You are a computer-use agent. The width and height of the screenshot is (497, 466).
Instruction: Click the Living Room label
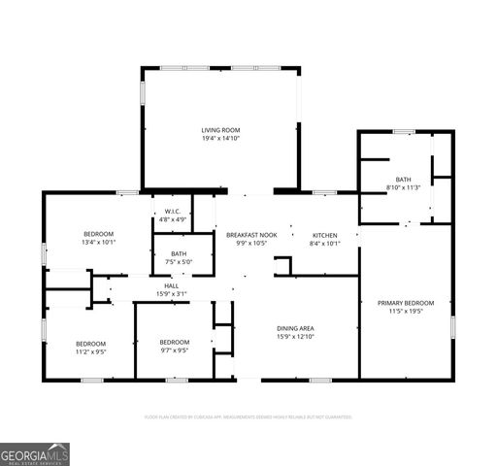pos(220,130)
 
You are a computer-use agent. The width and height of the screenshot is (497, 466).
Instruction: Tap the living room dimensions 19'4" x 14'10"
pos(220,139)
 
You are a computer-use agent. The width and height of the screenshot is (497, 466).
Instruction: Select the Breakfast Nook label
pos(251,235)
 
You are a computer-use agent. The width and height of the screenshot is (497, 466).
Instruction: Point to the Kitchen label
pos(324,235)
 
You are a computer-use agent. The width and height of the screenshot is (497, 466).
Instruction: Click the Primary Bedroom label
pos(405,303)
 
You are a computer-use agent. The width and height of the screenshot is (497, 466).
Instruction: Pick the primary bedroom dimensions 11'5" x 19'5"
pos(405,312)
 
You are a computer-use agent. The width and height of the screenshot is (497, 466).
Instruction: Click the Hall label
pos(171,286)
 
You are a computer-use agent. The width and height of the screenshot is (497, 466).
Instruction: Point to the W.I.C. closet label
pos(172,212)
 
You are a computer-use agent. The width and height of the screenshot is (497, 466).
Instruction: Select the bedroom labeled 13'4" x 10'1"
pos(98,238)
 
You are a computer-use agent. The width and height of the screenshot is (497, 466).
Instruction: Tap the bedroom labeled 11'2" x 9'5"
pos(90,347)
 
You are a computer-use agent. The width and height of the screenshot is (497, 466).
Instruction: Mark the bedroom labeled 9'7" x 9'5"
pos(174,346)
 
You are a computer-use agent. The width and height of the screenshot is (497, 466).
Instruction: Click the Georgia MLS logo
pos(35,454)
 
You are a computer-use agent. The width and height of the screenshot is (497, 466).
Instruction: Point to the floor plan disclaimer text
pos(248,416)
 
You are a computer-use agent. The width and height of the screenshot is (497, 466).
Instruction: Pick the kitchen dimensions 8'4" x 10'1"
pos(324,244)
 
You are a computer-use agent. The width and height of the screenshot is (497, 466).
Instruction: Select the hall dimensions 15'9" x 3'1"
pos(171,294)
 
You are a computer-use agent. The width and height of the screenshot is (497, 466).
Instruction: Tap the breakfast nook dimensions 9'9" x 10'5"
pos(251,244)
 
